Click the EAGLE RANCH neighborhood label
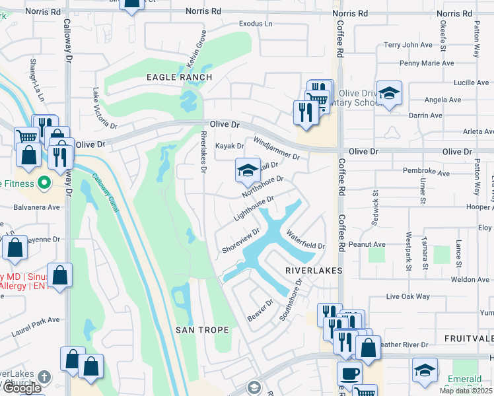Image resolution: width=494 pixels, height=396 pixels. coord(179,77)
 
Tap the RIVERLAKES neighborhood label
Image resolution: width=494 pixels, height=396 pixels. coord(314,271)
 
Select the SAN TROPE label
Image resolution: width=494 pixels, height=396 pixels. coord(203,329)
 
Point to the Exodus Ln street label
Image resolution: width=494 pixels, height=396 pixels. coord(256,24)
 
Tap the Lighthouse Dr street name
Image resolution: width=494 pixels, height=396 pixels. coord(253,208)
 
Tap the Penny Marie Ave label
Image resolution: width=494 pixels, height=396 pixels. coord(427,63)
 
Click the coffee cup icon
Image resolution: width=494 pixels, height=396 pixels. coord(349,374)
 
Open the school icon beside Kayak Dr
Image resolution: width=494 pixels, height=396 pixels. coord(247,171)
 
